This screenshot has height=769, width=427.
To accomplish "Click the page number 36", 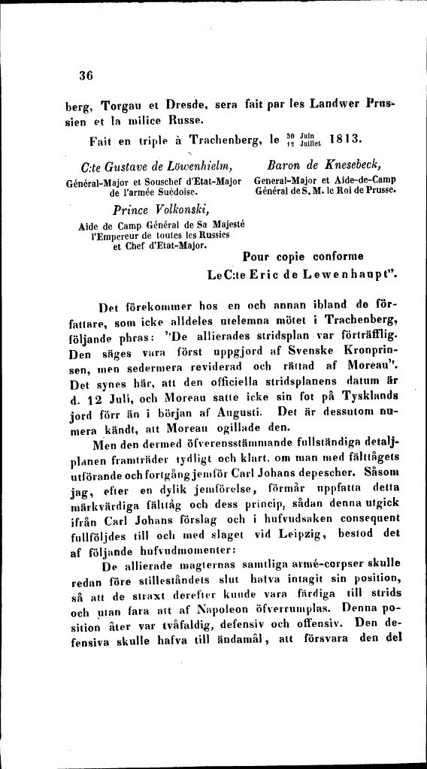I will point(84,75).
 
